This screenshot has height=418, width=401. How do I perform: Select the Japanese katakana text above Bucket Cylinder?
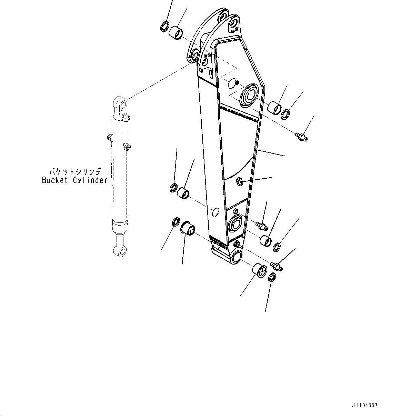point(74,171)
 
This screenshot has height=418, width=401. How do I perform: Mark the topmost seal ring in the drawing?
point(164,27)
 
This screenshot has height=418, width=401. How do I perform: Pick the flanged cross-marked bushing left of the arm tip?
point(188,229)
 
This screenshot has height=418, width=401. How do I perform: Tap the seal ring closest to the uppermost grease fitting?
point(286,113)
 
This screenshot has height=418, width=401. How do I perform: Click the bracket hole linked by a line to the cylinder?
point(194,56)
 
